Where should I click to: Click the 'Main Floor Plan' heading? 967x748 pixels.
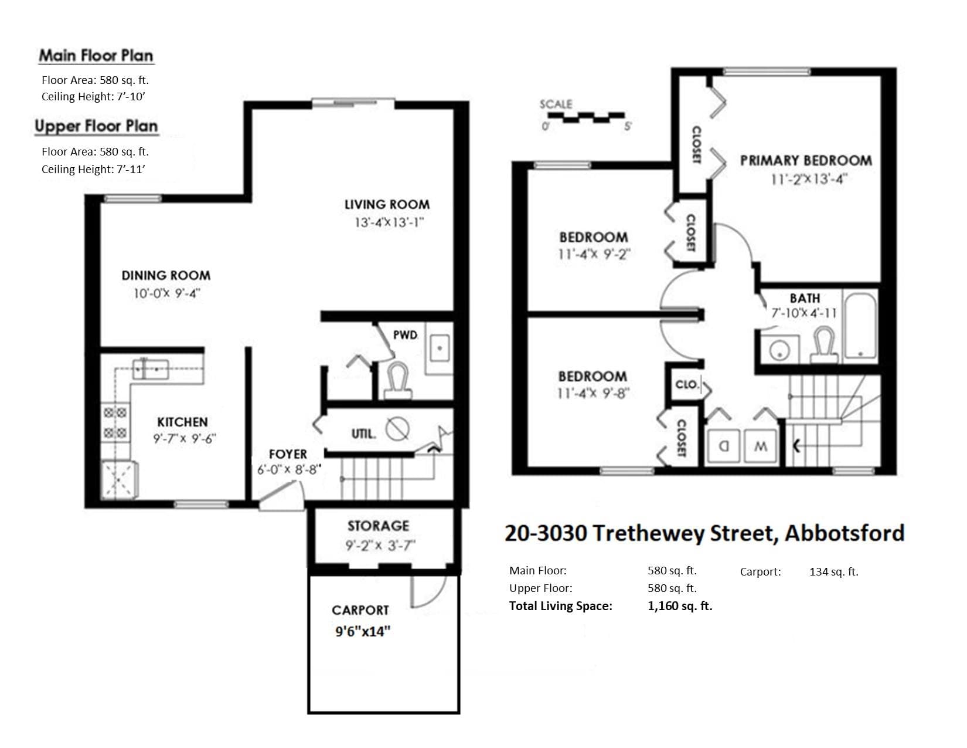[x=96, y=56]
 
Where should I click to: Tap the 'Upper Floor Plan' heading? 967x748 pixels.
[x=96, y=126]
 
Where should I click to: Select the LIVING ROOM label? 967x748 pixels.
[x=387, y=205]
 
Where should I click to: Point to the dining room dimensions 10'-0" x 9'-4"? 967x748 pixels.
[x=168, y=293]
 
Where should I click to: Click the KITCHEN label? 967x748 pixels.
[x=182, y=422]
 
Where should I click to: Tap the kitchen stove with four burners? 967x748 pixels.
[x=115, y=423]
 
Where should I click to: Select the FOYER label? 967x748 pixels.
[x=288, y=454]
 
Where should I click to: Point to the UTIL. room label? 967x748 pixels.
[x=363, y=434]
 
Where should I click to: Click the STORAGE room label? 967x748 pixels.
[x=378, y=526]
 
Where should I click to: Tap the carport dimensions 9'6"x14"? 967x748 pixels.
[x=363, y=631]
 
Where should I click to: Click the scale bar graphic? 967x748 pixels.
[x=586, y=117]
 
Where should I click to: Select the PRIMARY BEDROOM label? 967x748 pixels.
[x=806, y=160]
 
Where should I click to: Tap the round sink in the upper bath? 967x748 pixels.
[x=779, y=350]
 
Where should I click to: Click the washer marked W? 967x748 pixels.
[x=761, y=446]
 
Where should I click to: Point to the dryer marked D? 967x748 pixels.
[x=724, y=446]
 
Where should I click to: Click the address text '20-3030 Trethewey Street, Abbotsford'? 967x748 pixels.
[x=704, y=533]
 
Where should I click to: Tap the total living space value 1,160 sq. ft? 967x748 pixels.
[x=680, y=606]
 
